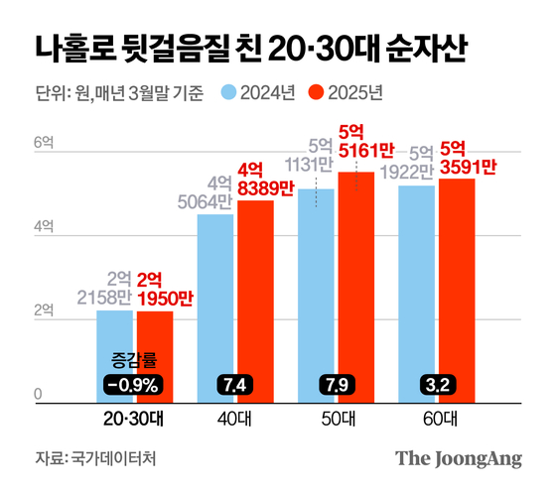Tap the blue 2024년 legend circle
click(227, 94)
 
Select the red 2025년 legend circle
click(318, 94)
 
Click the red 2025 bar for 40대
click(255, 298)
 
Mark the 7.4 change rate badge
click(235, 385)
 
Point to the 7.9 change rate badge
click(336, 385)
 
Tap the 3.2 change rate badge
click(437, 385)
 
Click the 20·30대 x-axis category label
click(134, 420)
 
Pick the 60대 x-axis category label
click(437, 420)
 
